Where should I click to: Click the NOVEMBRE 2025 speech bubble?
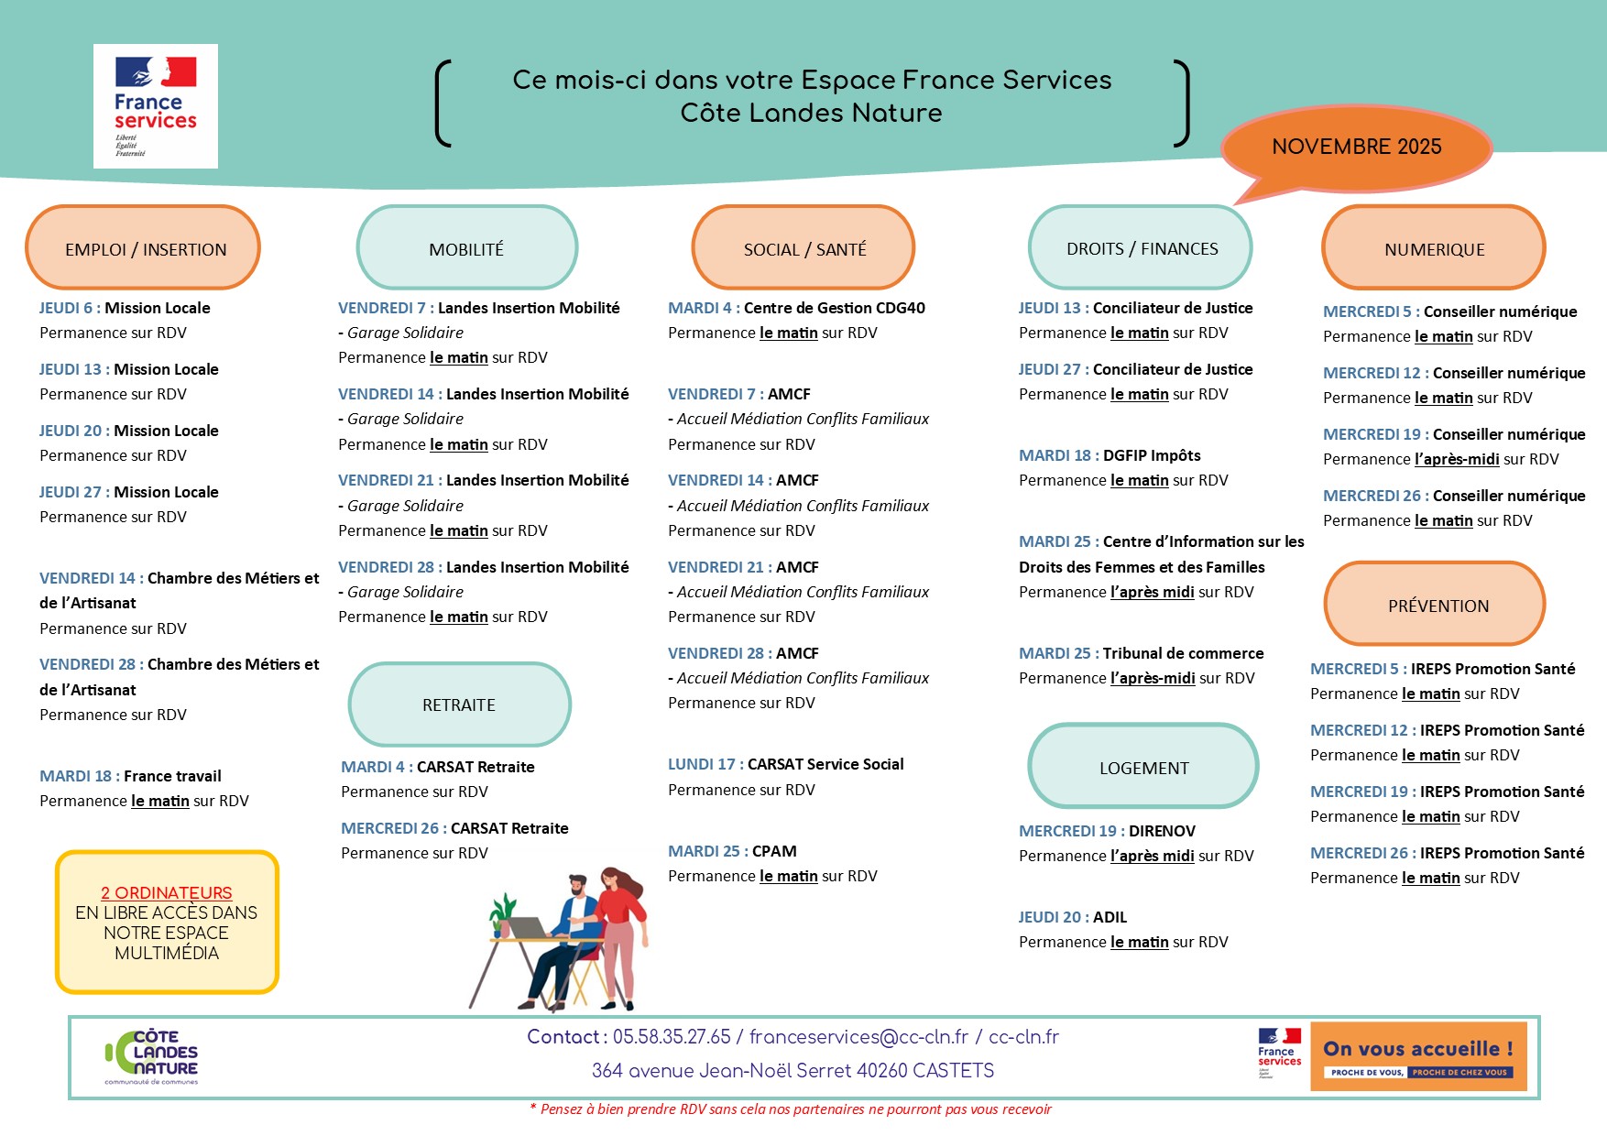pos(1356,147)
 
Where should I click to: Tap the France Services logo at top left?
pos(156,106)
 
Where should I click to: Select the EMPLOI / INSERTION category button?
pos(144,248)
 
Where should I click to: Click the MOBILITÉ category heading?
pos(466,248)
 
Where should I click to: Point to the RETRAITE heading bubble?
pos(459,705)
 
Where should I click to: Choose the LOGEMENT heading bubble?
pos(1143,768)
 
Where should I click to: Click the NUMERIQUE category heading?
pos(1434,248)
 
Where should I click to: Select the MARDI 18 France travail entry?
pos(131,776)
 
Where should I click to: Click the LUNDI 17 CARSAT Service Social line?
pos(785,764)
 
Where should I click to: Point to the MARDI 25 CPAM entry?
pos(732,851)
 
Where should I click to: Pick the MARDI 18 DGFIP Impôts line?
pos(1110,455)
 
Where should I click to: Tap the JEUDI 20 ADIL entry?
pos(1073,917)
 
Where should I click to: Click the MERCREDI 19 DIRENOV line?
pos(1107,831)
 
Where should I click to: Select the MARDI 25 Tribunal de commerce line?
pos(1141,653)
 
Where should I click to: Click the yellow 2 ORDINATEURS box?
pos(167,923)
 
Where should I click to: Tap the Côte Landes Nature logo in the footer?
pos(153,1056)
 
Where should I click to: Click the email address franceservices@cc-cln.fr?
pos(858,1037)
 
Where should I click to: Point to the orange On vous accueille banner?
pos(1418,1056)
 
